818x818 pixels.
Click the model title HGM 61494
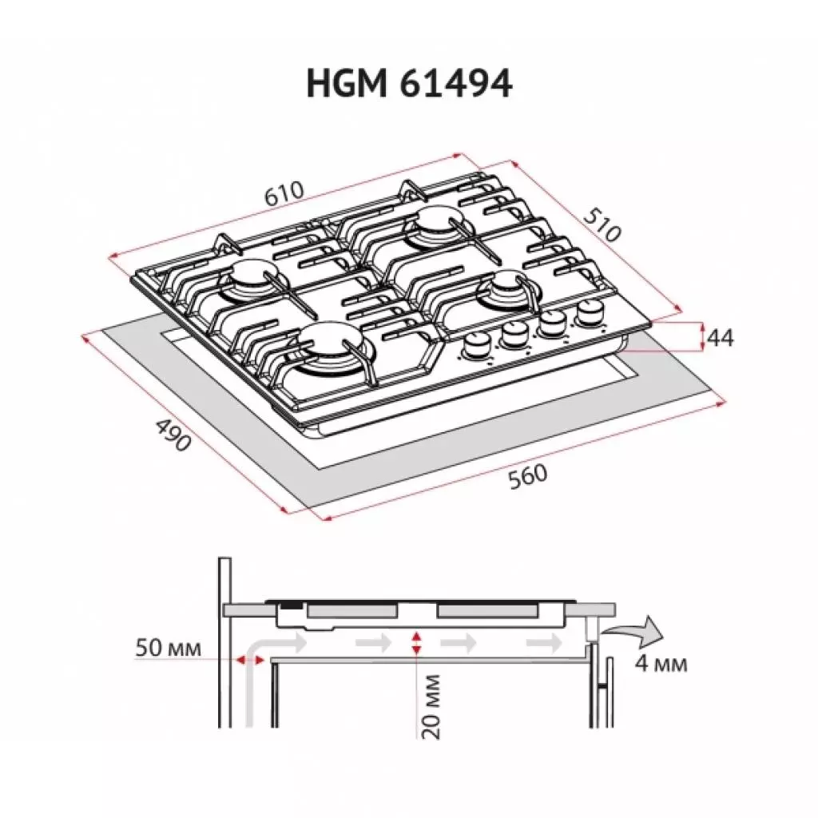point(408,83)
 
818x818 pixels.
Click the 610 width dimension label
point(285,193)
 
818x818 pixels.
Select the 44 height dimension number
point(721,337)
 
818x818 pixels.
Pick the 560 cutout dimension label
point(528,475)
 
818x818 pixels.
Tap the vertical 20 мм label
point(431,706)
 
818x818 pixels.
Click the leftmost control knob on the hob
point(478,346)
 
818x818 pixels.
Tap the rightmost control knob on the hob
point(590,312)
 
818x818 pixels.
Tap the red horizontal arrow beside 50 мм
point(249,659)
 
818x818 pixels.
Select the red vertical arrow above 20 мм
point(416,641)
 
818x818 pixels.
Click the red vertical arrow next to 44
point(702,336)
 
